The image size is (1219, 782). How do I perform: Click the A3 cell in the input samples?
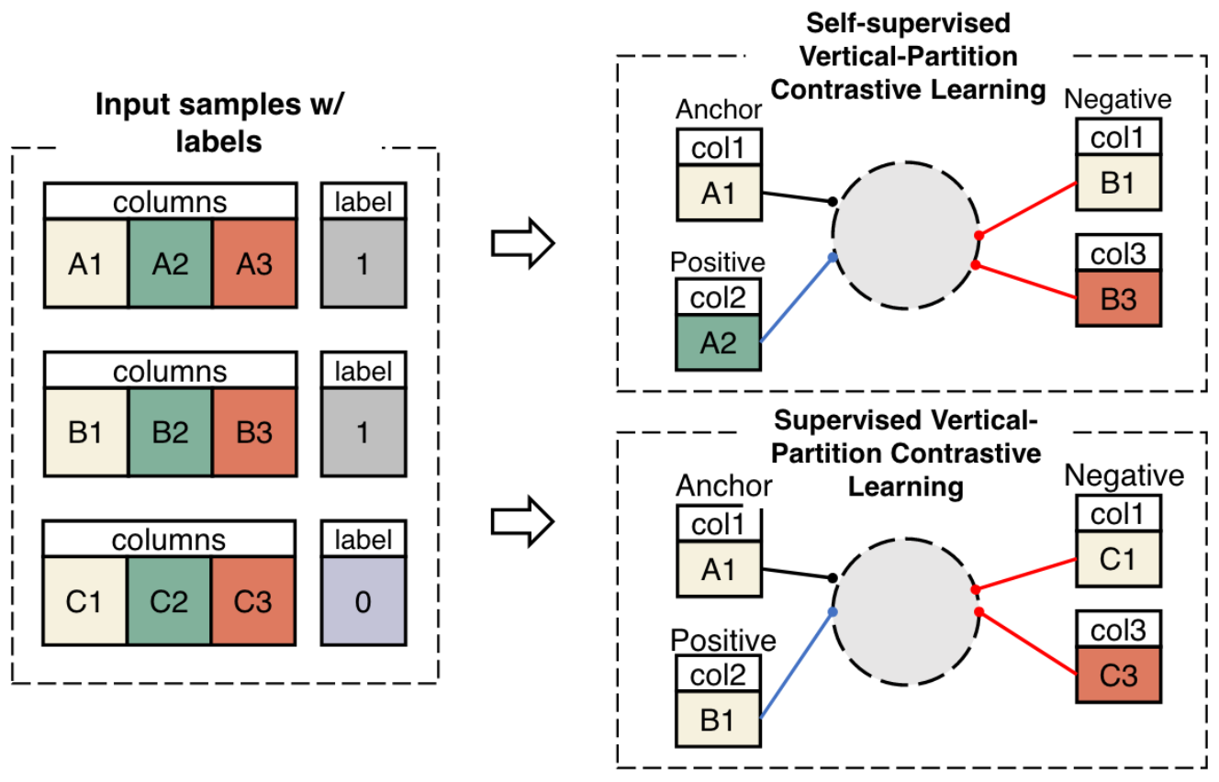click(x=254, y=263)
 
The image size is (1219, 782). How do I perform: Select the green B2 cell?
click(x=171, y=432)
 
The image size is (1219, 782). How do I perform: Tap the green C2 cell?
click(x=171, y=601)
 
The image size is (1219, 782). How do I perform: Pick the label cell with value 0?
click(x=363, y=601)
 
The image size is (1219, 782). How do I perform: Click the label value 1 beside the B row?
click(x=363, y=432)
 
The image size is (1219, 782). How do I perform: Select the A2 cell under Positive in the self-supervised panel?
click(x=718, y=341)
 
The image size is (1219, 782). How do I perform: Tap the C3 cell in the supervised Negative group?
click(x=1118, y=676)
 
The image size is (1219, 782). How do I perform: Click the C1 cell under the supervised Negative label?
click(x=1118, y=559)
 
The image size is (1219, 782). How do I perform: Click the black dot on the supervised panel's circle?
click(x=832, y=578)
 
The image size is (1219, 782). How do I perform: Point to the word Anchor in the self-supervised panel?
click(x=719, y=110)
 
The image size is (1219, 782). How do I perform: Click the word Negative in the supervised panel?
click(x=1124, y=475)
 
